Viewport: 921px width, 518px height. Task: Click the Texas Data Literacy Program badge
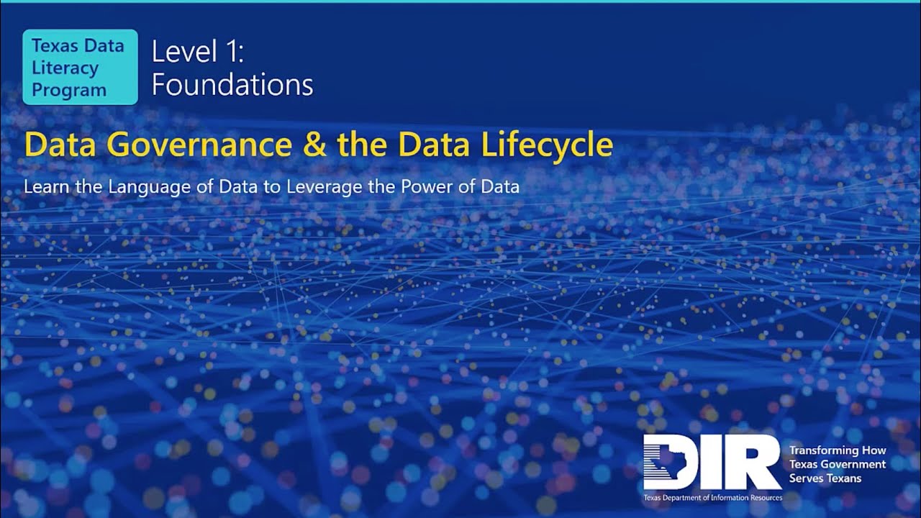tap(80, 68)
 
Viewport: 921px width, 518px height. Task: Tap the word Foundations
tap(232, 85)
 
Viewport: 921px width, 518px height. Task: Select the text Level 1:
tap(198, 53)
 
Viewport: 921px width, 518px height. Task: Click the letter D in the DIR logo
tap(673, 462)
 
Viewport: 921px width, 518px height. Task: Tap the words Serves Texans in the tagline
tap(825, 478)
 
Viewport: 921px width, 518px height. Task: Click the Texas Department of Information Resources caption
tap(712, 498)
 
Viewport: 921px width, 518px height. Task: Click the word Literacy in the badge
tap(65, 68)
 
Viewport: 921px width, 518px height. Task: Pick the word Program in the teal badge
tap(69, 90)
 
